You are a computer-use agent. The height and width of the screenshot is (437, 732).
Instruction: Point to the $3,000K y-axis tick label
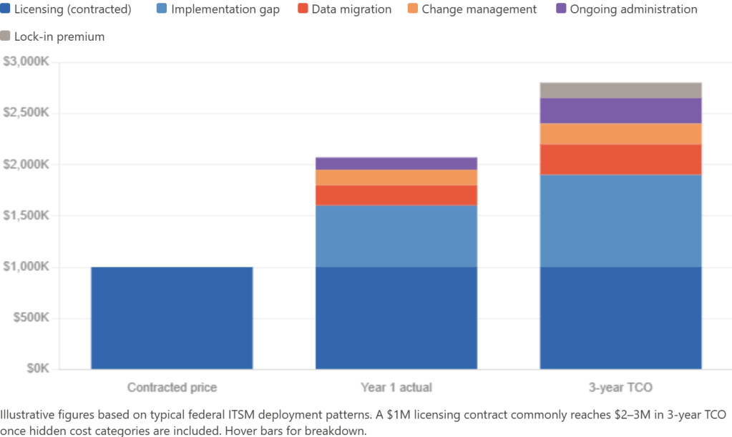tap(27, 62)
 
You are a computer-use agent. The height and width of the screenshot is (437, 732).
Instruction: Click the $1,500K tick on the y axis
tap(27, 215)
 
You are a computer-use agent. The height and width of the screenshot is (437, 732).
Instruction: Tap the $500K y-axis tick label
tap(31, 318)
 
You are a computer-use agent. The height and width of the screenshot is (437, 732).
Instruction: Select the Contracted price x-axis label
tap(172, 388)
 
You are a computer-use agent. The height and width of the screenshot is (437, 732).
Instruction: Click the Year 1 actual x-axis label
tap(396, 388)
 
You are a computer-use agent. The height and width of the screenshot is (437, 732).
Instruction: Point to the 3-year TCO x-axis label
tap(620, 388)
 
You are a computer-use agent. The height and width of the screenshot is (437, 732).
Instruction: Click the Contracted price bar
tap(172, 318)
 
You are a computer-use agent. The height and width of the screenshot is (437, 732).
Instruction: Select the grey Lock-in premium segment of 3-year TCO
tap(620, 89)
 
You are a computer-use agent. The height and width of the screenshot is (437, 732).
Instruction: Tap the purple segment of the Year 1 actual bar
tap(396, 162)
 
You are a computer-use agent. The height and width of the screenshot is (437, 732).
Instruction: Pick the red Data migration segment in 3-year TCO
tap(620, 159)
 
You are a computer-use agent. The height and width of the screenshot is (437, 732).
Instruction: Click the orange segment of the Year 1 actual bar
tap(396, 177)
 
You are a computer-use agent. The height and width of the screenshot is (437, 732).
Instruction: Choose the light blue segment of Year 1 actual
tap(396, 236)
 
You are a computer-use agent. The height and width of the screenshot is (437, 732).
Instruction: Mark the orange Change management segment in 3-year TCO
tap(620, 133)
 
